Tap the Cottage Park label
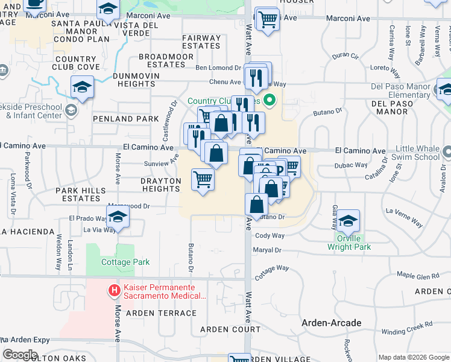117,262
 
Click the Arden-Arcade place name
332,323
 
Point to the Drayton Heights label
152,185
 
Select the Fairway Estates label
201,42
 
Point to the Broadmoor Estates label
166,60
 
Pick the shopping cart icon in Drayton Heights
203,179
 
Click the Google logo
20,355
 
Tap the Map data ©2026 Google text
413,357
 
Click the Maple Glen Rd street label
418,276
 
